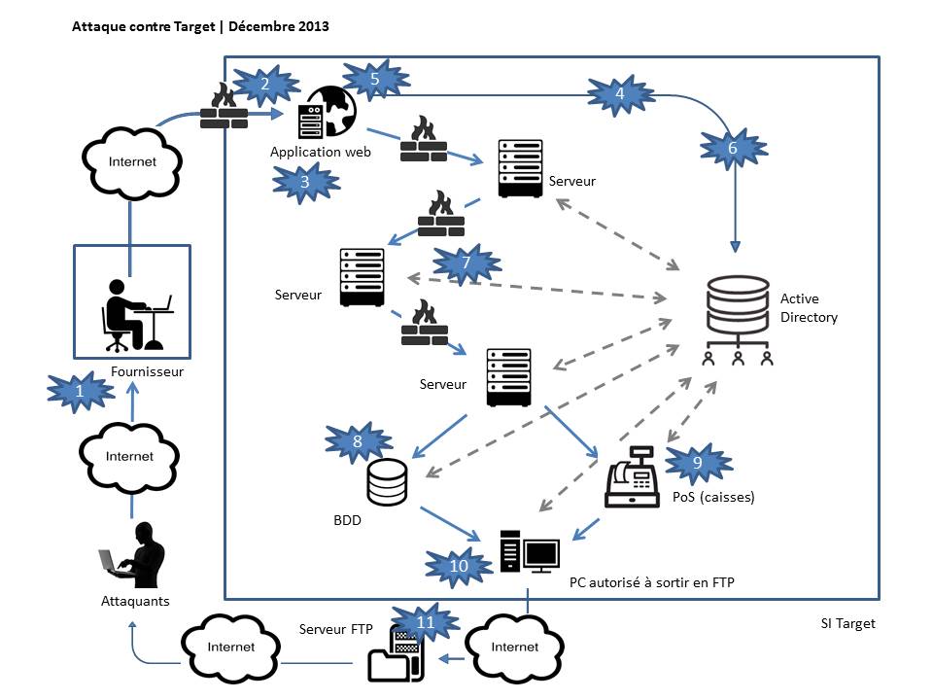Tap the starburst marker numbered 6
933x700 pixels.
tap(733, 148)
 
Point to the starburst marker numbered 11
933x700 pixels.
tap(425, 621)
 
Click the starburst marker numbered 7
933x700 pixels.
tap(466, 263)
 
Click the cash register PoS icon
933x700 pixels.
tap(632, 477)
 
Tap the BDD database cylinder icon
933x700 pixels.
tap(388, 482)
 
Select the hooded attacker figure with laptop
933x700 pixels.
tap(132, 556)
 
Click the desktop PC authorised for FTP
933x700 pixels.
tap(530, 552)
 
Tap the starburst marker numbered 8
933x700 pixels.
tap(358, 441)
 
